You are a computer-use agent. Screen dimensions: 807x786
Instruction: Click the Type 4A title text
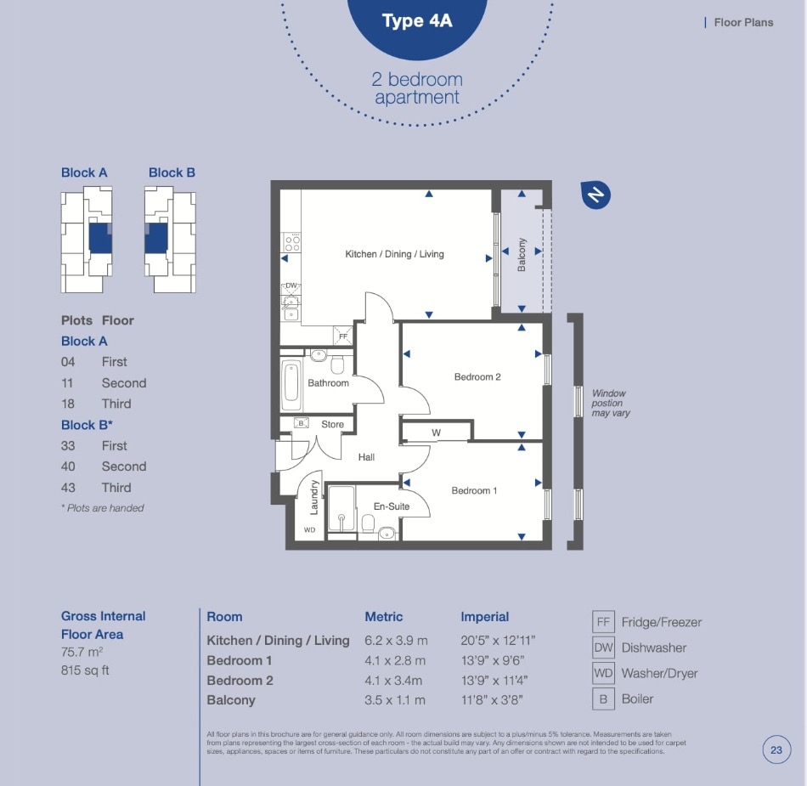pos(417,21)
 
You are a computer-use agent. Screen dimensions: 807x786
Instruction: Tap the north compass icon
pos(595,195)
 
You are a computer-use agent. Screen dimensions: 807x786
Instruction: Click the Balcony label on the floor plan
pos(522,255)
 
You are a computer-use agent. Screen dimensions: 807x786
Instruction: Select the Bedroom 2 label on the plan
pos(477,376)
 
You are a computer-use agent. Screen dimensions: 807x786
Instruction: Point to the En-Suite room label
pos(392,506)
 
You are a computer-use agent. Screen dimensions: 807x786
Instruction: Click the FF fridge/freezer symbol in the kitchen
pos(343,336)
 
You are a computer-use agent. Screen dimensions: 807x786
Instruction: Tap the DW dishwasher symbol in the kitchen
pos(291,286)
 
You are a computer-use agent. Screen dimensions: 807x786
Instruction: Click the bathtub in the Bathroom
pos(291,381)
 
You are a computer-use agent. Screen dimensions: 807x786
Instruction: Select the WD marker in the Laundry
pos(309,529)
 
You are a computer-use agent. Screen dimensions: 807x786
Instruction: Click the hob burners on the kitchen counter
pos(292,243)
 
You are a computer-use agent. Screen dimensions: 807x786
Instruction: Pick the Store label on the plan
pos(332,424)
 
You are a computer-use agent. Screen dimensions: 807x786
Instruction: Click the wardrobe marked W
pos(436,432)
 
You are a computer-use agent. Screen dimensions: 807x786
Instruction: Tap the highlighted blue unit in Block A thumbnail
pos(100,237)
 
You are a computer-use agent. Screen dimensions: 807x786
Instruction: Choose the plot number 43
pos(68,488)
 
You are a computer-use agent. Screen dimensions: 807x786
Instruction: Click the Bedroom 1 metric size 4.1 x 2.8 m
pos(395,660)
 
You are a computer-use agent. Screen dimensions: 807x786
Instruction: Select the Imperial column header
pos(484,617)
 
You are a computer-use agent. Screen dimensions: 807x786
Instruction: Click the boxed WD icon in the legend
pos(603,673)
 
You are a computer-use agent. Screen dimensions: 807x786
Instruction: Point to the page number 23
pos(776,750)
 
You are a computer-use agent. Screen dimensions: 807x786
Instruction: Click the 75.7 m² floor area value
pos(82,652)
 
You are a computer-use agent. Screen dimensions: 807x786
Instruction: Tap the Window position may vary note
pos(611,403)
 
